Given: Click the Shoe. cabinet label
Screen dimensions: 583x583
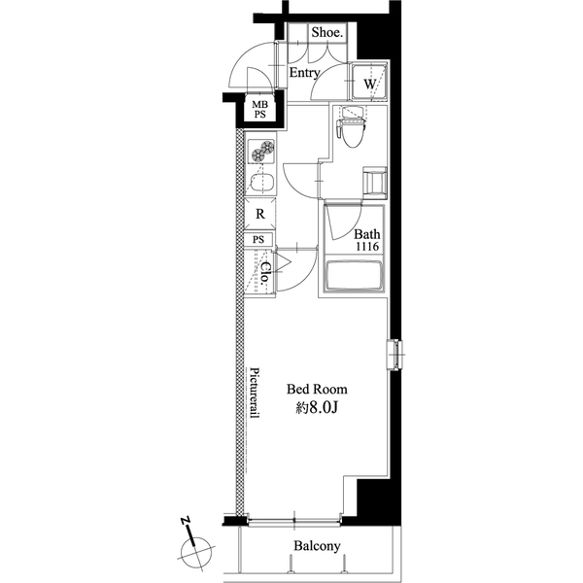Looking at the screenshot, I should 327,32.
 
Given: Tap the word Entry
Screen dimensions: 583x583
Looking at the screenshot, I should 305,73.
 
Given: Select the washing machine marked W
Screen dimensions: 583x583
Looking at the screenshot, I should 369,84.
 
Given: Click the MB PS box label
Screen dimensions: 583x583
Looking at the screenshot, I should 260,109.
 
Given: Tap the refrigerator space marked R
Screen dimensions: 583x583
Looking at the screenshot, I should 259,214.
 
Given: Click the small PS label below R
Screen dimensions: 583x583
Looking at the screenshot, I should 259,239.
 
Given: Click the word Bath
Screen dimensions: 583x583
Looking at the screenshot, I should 366,234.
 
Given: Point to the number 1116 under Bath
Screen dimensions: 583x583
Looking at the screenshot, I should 366,249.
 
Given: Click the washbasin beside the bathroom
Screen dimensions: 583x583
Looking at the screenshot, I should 374,182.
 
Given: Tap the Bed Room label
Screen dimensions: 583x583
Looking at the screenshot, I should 316,389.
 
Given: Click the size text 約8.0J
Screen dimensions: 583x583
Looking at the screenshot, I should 316,409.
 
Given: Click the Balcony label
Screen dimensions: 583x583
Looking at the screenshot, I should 317,546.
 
